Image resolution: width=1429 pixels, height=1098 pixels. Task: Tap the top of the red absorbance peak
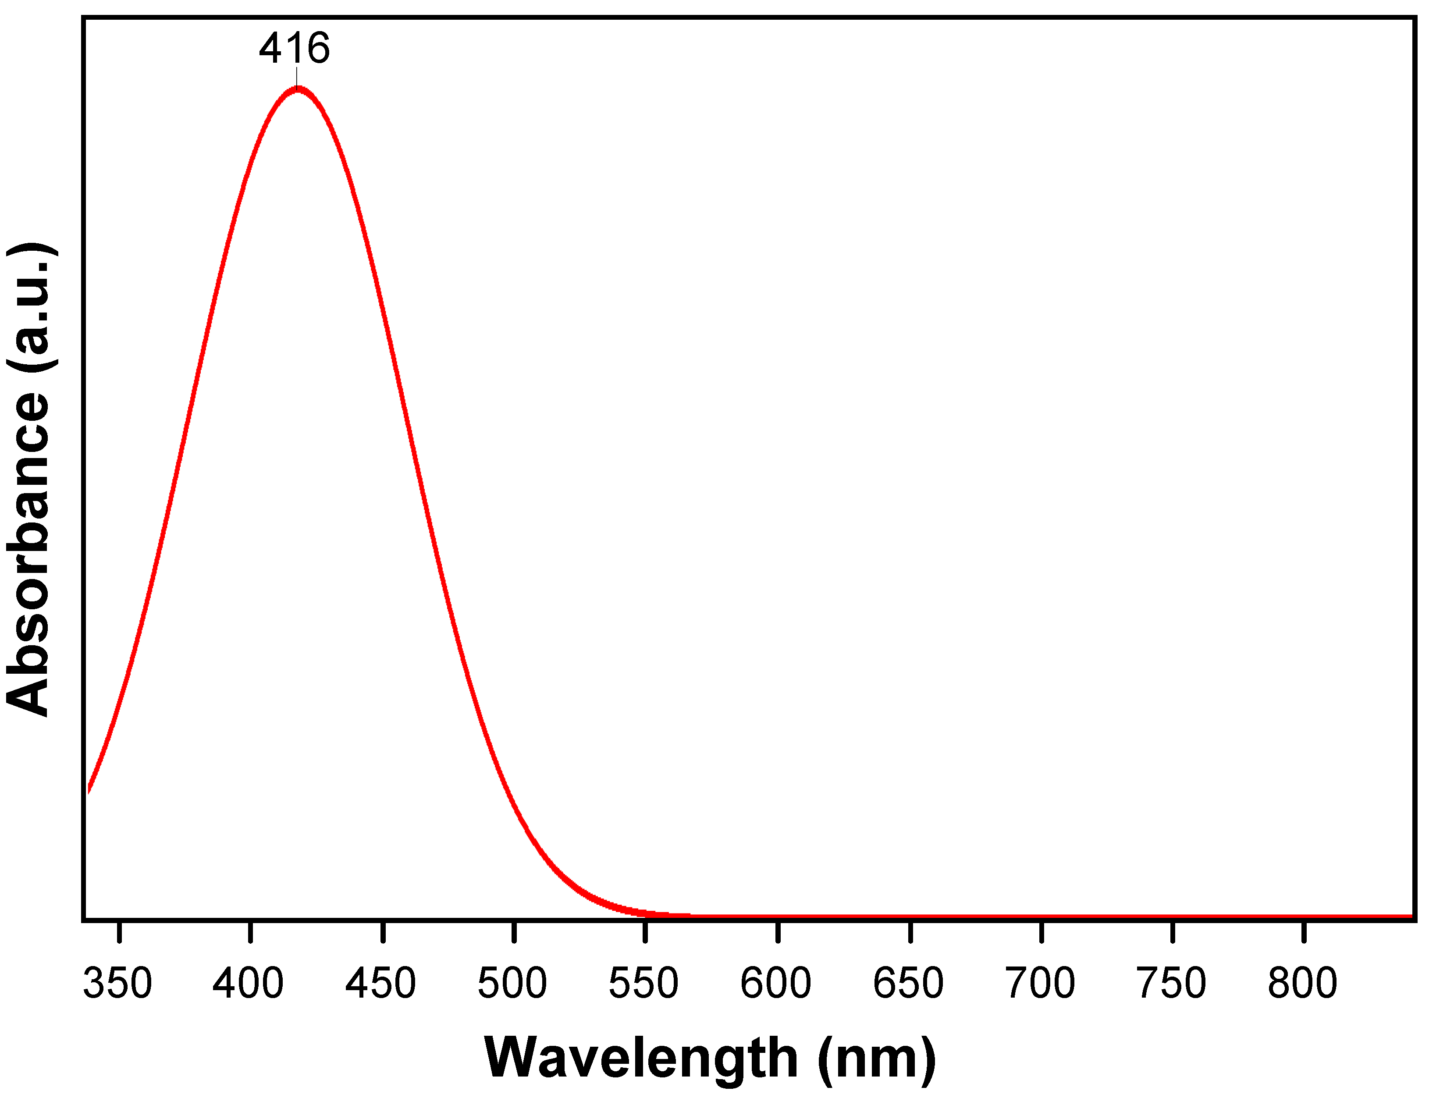coord(298,89)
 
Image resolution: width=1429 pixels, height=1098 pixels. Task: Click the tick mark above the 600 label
coord(778,931)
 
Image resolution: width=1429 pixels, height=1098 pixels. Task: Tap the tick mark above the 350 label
coord(120,931)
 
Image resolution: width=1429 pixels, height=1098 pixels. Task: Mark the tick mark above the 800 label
coord(1304,931)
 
